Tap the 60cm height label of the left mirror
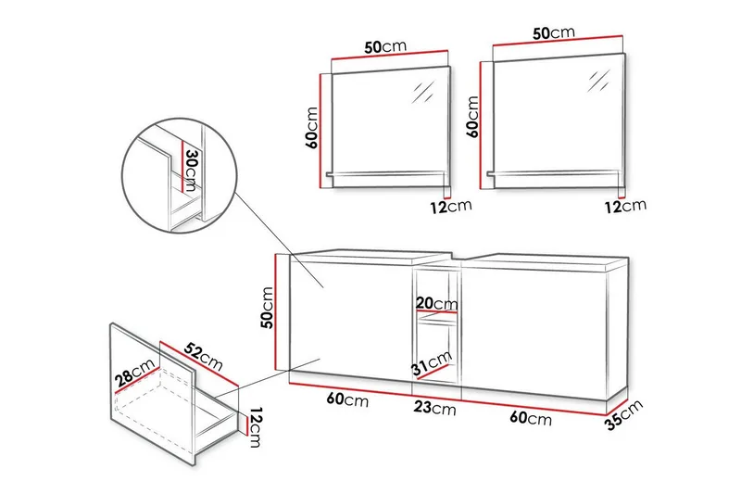pyautogui.click(x=312, y=127)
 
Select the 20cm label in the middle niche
pyautogui.click(x=436, y=304)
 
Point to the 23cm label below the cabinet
pyautogui.click(x=436, y=409)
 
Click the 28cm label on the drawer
pyautogui.click(x=135, y=375)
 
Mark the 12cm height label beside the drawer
pyautogui.click(x=255, y=428)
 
